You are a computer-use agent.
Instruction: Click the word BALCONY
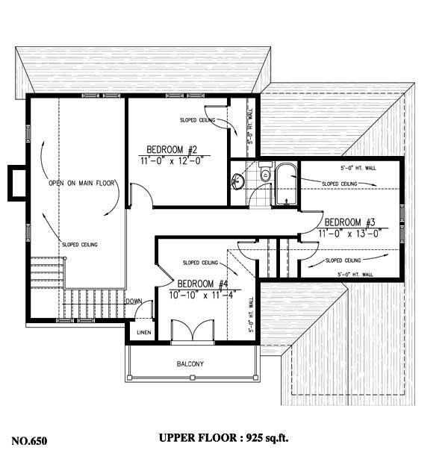(x=190, y=364)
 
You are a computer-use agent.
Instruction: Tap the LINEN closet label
(x=143, y=332)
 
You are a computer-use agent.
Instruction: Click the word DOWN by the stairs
(x=134, y=301)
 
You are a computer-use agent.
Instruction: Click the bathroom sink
(x=239, y=180)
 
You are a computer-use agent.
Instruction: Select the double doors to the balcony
(x=184, y=331)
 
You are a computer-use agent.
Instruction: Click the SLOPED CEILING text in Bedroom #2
(x=199, y=119)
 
